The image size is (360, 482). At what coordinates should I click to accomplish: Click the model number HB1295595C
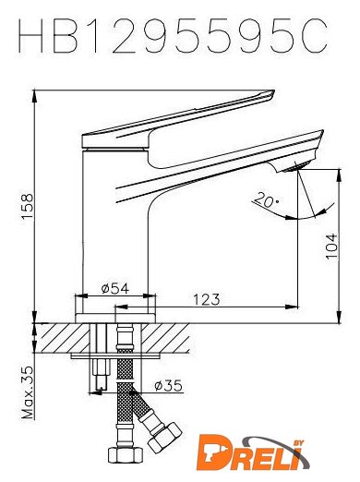pyautogui.click(x=173, y=36)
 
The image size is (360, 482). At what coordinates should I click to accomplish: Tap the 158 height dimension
pyautogui.click(x=28, y=207)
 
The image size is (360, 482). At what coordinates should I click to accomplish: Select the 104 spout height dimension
pyautogui.click(x=331, y=247)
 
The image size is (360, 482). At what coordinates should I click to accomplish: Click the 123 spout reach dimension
pyautogui.click(x=207, y=299)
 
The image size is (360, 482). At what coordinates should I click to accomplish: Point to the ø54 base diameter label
pyautogui.click(x=115, y=288)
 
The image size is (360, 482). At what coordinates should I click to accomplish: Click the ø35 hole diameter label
pyautogui.click(x=168, y=385)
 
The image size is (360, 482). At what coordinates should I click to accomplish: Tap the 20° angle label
pyautogui.click(x=267, y=199)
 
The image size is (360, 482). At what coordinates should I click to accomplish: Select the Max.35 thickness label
pyautogui.click(x=28, y=392)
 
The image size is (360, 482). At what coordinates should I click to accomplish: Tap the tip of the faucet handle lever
pyautogui.click(x=273, y=90)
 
